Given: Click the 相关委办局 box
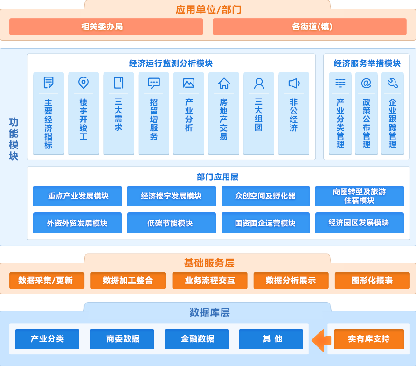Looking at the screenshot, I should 106,27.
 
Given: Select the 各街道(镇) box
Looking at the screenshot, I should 309,27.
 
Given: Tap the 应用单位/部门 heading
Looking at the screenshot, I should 208,9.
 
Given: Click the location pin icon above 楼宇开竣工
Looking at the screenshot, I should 83,83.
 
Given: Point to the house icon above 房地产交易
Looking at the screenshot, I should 224,84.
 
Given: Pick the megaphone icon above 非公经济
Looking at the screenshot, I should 294,84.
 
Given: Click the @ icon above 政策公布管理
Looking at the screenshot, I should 366,83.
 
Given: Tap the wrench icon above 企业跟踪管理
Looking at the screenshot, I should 392,83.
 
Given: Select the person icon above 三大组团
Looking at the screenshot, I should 259,84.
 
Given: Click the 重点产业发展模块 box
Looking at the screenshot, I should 77,196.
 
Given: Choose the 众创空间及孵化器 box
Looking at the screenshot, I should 265,196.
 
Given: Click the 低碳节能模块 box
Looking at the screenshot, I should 171,223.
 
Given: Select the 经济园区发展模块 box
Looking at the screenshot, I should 359,223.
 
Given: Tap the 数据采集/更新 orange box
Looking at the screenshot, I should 47,281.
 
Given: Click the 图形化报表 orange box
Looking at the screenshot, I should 372,281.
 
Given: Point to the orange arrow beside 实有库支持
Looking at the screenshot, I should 321,339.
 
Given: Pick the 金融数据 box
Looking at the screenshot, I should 198,339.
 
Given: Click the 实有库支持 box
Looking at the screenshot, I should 369,339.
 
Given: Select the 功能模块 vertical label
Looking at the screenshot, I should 14,139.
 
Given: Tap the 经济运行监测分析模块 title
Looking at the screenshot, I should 171,63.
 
